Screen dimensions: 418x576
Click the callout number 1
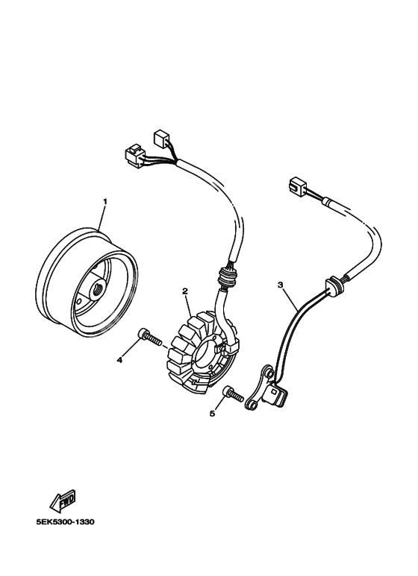coord(104,201)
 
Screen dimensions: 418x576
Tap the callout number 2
coord(185,291)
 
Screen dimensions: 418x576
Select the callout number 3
coord(281,285)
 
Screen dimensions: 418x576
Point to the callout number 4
coord(119,361)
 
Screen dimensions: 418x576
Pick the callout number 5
coord(212,414)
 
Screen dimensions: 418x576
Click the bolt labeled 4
coord(150,338)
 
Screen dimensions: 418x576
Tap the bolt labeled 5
coord(234,393)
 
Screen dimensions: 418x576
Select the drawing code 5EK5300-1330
coord(65,522)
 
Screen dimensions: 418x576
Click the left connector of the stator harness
coord(135,156)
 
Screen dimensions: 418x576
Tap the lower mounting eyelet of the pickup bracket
coord(251,405)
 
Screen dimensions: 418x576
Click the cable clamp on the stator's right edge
coord(234,346)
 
